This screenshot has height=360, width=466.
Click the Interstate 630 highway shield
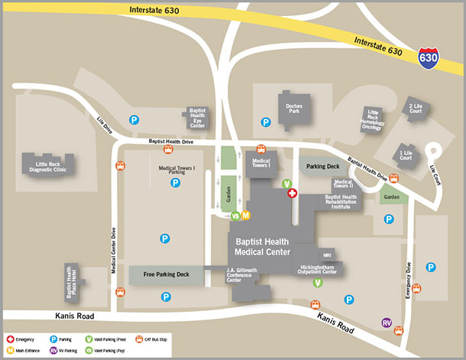click(429, 57)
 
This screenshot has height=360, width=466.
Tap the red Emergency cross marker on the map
click(292, 194)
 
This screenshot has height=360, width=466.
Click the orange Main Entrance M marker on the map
click(246, 215)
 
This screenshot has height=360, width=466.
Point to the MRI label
click(327, 254)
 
